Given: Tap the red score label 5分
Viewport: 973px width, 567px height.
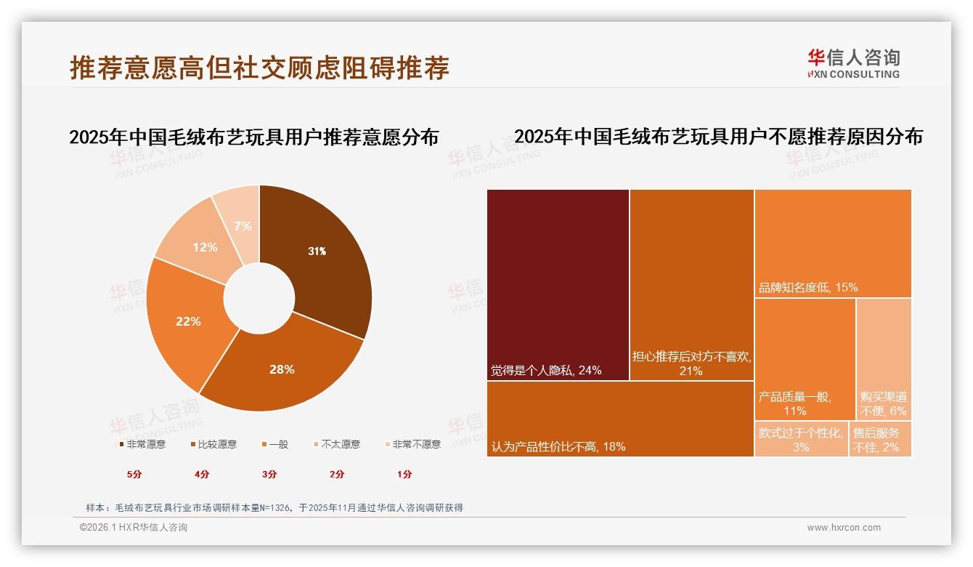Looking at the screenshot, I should [134, 474].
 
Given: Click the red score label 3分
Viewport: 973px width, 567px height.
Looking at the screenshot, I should [269, 474].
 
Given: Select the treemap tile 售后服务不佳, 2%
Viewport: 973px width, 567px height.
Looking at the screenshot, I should [879, 440].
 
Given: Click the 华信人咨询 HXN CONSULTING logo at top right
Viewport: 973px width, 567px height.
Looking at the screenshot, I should [854, 64].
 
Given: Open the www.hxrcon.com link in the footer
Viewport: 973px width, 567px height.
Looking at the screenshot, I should [844, 528].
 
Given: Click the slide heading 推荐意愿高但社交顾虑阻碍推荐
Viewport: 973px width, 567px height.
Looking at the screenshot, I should [260, 68].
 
